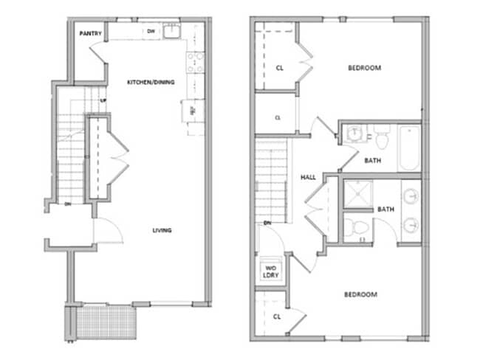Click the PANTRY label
click(x=91, y=32)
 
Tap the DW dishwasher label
click(x=151, y=31)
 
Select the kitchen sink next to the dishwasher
click(x=172, y=31)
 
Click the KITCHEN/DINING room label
click(x=151, y=82)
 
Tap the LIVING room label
click(x=162, y=230)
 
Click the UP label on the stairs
click(x=104, y=100)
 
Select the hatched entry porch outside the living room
click(x=105, y=321)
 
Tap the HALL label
click(x=309, y=178)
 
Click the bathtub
click(x=408, y=148)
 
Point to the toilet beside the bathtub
click(x=382, y=137)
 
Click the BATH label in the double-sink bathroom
click(x=385, y=210)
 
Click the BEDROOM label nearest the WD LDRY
click(x=360, y=294)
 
